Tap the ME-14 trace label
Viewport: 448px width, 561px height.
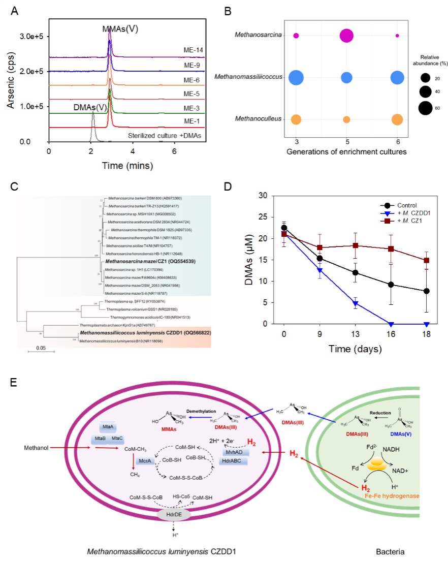(194, 50)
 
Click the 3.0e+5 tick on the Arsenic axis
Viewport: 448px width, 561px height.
(31, 37)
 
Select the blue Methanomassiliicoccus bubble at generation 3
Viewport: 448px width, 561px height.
(296, 78)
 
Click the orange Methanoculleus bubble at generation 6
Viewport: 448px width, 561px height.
(397, 119)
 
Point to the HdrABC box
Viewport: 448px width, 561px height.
(235, 460)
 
